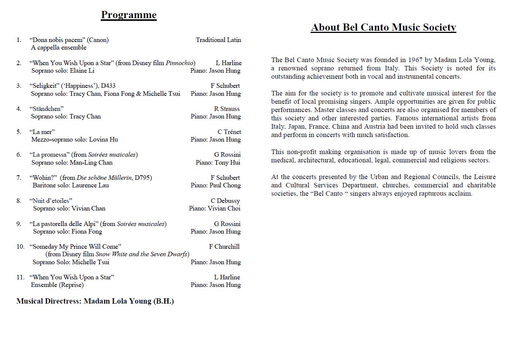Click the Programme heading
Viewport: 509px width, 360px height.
pyautogui.click(x=128, y=15)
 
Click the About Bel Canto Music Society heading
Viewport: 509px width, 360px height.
pyautogui.click(x=383, y=28)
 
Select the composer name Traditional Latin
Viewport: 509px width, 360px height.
pyautogui.click(x=218, y=40)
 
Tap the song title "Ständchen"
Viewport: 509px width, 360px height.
pyautogui.click(x=47, y=109)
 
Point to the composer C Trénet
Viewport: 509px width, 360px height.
pyautogui.click(x=229, y=132)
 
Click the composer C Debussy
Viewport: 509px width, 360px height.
pyautogui.click(x=225, y=201)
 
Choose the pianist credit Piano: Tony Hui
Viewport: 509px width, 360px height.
pyautogui.click(x=218, y=163)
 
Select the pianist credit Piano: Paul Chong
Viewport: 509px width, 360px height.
pyautogui.click(x=215, y=185)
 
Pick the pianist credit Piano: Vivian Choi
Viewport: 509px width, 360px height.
pyautogui.click(x=215, y=209)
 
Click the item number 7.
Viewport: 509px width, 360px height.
pyautogui.click(x=19, y=178)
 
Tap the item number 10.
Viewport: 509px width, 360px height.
pyautogui.click(x=20, y=247)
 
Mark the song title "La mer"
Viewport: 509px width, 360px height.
pyautogui.click(x=42, y=132)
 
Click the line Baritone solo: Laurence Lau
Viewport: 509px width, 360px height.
pyautogui.click(x=71, y=185)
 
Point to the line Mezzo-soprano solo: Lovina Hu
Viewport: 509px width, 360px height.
pyautogui.click(x=75, y=140)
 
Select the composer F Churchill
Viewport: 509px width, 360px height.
pyautogui.click(x=224, y=247)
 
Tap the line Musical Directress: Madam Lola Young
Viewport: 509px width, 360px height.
pyautogui.click(x=95, y=301)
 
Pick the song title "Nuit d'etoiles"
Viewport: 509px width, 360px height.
pyautogui.click(x=51, y=201)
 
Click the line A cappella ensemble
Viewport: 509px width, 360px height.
pyautogui.click(x=59, y=48)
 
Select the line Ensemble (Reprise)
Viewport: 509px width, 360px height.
pyautogui.click(x=57, y=285)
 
